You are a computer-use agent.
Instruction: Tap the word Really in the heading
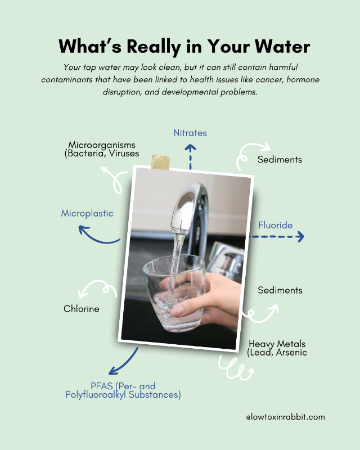click(154, 47)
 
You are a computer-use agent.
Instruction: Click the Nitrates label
click(190, 133)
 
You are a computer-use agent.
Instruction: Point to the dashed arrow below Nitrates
click(190, 157)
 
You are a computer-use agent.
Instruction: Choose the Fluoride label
click(275, 225)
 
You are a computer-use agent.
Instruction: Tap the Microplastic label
click(87, 213)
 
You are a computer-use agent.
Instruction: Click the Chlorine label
click(81, 309)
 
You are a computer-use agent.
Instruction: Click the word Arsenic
click(291, 352)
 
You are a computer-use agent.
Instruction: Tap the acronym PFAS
click(101, 386)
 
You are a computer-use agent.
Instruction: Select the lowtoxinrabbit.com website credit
click(285, 417)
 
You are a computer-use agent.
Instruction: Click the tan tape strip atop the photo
click(160, 162)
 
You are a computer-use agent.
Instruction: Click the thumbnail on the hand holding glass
click(177, 310)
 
